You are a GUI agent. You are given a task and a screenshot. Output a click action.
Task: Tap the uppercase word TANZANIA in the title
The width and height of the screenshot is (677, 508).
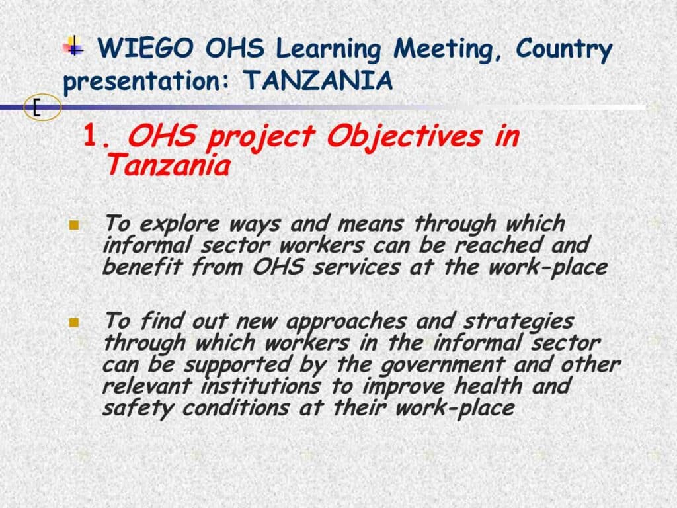click(317, 80)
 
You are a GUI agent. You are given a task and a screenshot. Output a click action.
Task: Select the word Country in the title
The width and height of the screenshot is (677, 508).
click(564, 50)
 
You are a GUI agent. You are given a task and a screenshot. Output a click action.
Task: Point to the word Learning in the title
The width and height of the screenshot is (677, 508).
click(328, 50)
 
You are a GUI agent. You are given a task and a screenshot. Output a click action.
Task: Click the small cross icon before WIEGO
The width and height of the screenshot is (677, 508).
click(73, 46)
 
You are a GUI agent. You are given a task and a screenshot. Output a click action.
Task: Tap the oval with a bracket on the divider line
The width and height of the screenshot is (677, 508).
click(42, 107)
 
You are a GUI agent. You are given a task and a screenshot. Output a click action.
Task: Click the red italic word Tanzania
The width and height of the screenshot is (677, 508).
click(167, 165)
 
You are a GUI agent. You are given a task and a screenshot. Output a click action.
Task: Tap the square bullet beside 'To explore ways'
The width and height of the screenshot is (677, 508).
click(74, 225)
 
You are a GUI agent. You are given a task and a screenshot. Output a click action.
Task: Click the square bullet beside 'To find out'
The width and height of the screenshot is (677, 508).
click(74, 322)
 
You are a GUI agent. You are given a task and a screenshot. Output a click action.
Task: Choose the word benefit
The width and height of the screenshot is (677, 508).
click(143, 267)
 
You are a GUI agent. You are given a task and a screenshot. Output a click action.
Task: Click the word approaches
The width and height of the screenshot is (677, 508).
click(346, 323)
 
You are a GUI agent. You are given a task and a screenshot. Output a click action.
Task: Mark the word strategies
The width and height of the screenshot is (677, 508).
click(518, 323)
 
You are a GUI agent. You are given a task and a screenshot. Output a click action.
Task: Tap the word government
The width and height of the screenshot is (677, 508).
click(442, 365)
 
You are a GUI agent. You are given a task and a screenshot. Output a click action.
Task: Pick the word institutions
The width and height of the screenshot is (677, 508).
click(260, 386)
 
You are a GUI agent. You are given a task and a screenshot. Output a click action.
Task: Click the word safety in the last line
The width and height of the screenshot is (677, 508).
click(138, 409)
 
